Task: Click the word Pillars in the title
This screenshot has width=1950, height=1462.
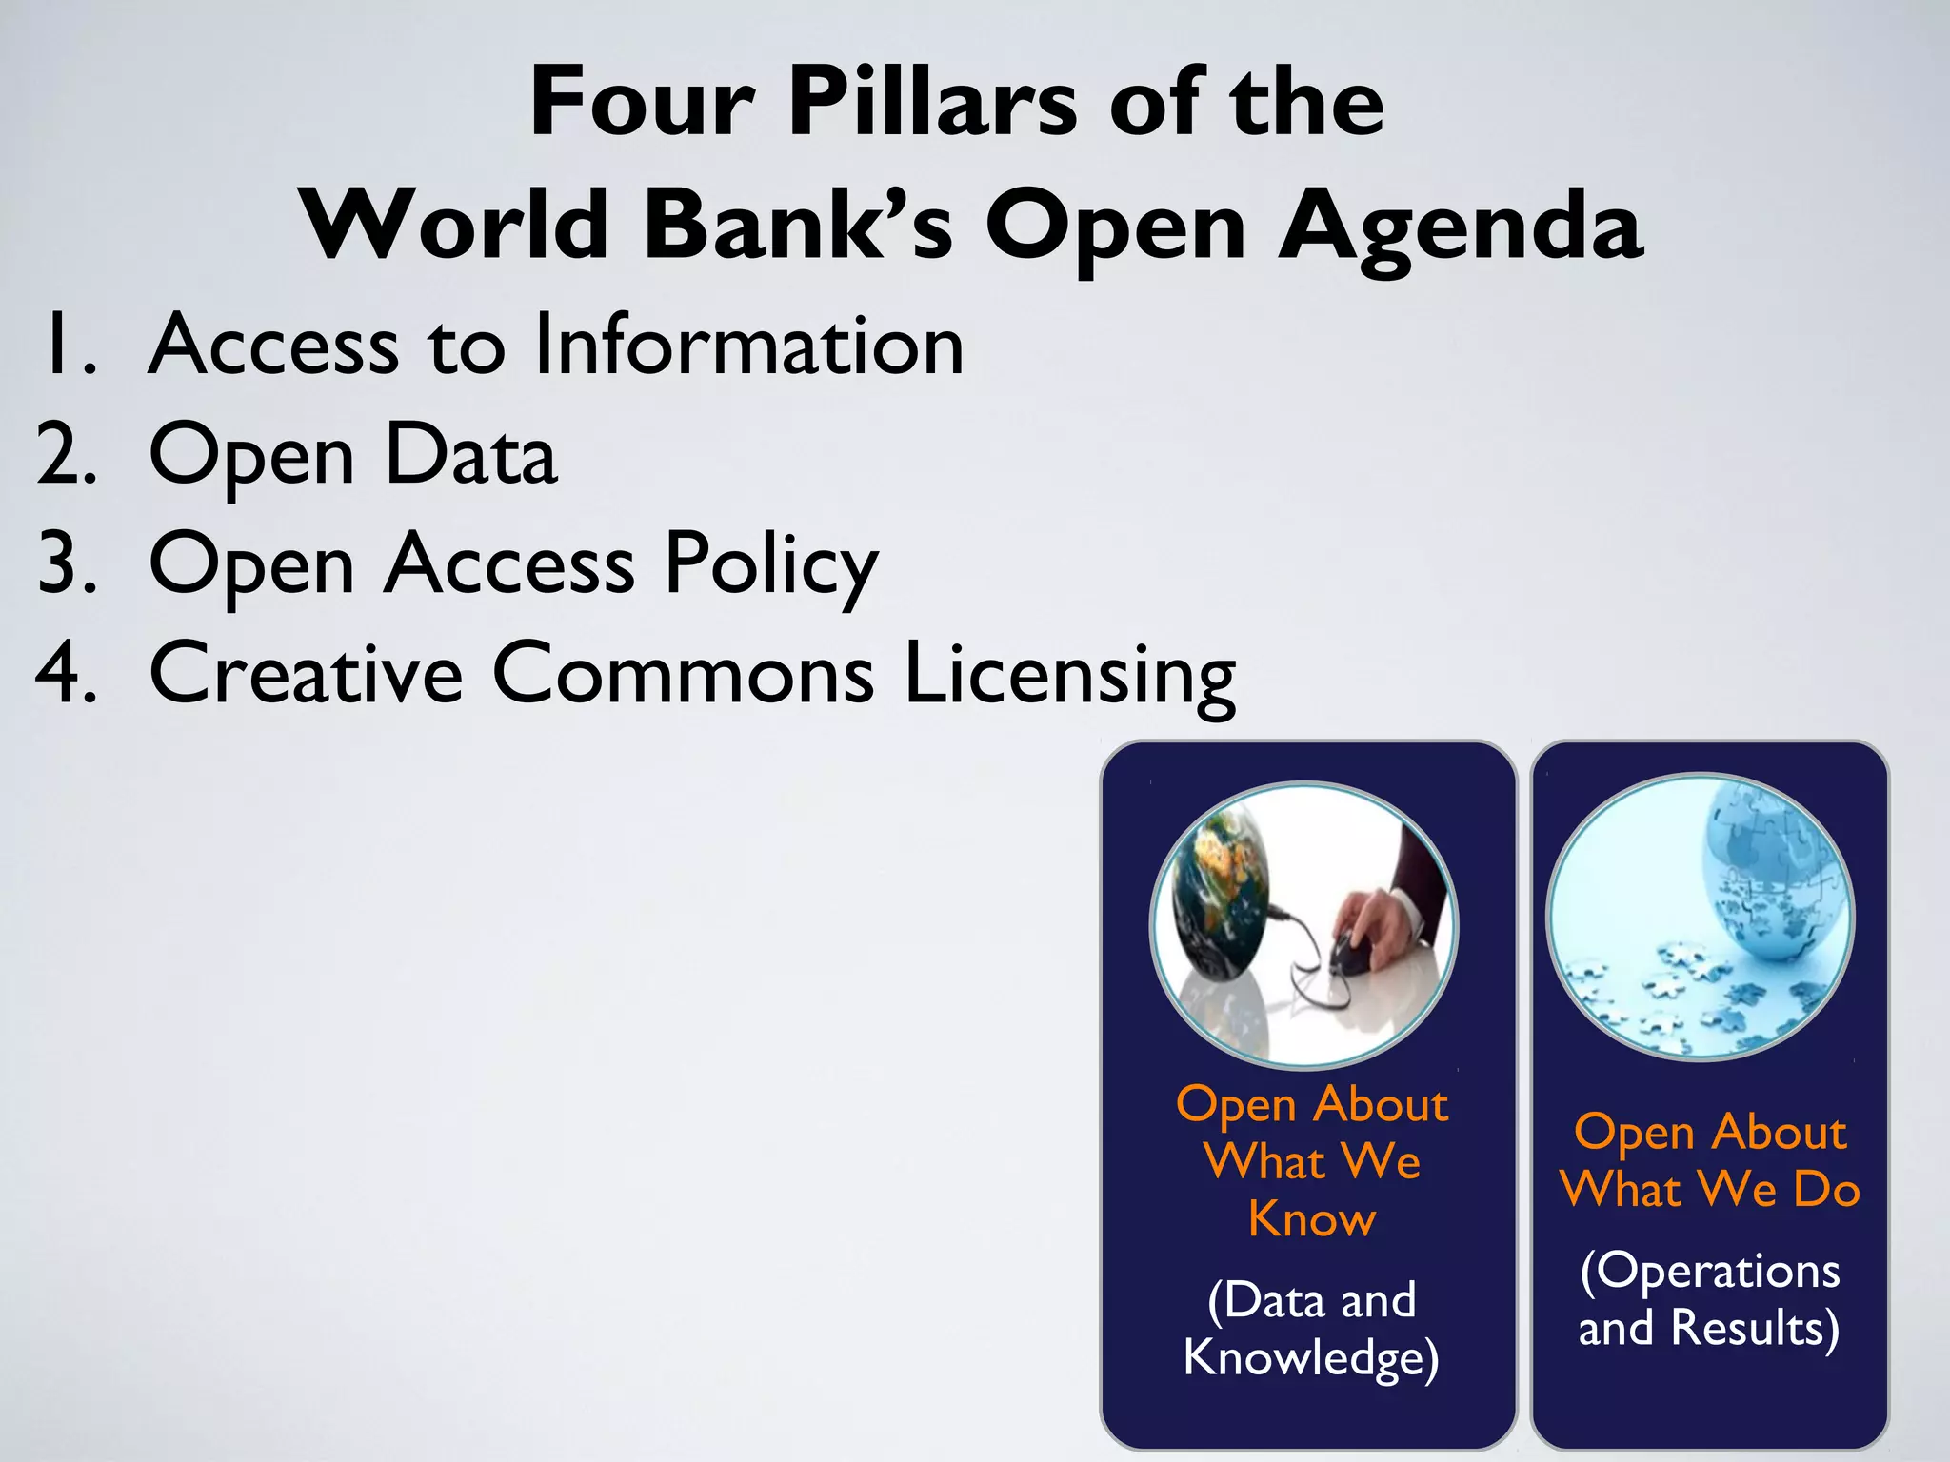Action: [932, 103]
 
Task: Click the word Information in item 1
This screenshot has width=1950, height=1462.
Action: [749, 345]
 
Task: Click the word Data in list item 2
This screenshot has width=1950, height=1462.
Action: [470, 455]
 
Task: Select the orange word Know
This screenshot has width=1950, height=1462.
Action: [1311, 1219]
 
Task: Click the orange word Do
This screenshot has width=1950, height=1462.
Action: [1826, 1190]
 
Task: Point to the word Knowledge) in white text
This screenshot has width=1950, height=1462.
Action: [1311, 1358]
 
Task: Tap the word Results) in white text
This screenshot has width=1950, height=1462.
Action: [1755, 1329]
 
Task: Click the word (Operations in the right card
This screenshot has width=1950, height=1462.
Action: [1709, 1272]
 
